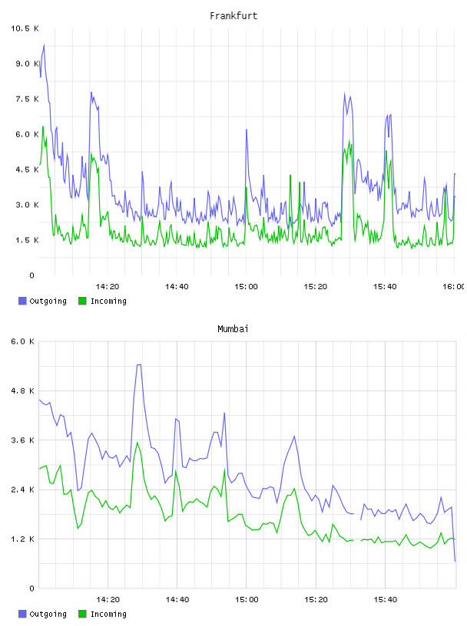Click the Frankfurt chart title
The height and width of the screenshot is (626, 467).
click(233, 16)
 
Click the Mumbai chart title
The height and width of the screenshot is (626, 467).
click(233, 329)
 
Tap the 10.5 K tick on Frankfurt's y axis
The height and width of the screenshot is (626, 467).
click(25, 28)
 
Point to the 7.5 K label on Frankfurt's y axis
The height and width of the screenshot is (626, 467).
click(27, 99)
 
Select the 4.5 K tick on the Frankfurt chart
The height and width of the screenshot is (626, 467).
click(27, 170)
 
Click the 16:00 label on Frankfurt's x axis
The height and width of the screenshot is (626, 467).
click(453, 287)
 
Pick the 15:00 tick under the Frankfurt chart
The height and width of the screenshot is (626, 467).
click(246, 287)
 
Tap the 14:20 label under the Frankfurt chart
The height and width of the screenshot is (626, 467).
click(108, 287)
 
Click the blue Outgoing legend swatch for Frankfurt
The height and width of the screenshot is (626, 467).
click(22, 301)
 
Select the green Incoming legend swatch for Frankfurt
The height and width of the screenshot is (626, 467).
click(82, 301)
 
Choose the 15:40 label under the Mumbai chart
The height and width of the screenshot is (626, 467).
click(386, 600)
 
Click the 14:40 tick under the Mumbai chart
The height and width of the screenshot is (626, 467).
click(177, 600)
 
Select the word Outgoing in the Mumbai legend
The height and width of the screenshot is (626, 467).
click(48, 614)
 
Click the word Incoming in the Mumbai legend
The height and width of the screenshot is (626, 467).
click(108, 614)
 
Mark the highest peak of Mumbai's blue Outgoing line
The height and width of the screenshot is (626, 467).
click(139, 364)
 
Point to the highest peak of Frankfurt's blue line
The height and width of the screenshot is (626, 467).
click(44, 44)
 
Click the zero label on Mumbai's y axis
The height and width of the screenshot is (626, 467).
click(32, 588)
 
